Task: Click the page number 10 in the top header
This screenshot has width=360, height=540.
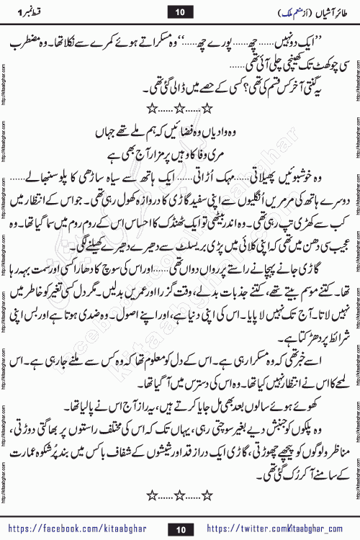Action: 181,11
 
